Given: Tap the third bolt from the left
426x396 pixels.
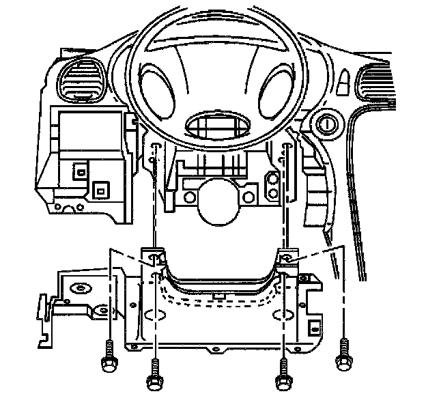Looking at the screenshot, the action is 281,378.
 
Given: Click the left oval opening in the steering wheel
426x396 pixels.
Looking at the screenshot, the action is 157,91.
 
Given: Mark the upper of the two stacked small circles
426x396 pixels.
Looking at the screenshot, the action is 272,180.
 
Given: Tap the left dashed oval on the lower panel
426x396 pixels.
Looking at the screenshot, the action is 156,317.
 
